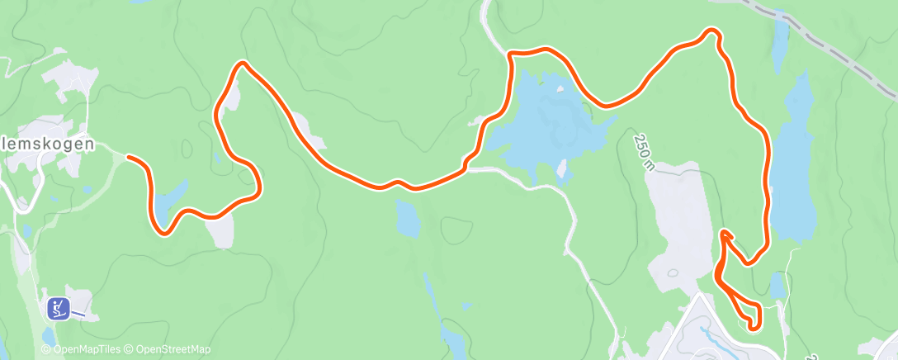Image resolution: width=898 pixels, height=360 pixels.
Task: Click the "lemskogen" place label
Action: tap(48, 144)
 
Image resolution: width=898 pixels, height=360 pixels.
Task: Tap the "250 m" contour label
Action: tap(645, 151)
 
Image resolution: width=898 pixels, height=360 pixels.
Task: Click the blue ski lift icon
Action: tap(58, 308)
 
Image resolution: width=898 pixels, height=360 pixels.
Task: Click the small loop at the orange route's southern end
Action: tap(748, 315)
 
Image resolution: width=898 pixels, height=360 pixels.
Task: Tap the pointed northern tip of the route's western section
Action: tap(241, 64)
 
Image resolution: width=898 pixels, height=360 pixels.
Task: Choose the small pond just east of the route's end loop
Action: tap(777, 286)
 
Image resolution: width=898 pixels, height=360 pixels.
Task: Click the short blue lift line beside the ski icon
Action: tap(78, 313)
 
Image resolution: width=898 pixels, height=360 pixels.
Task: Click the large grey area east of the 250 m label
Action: tap(681, 215)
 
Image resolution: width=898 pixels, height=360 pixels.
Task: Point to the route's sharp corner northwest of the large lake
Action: tap(510, 54)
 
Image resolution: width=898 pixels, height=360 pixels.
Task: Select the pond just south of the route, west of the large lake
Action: tap(407, 217)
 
